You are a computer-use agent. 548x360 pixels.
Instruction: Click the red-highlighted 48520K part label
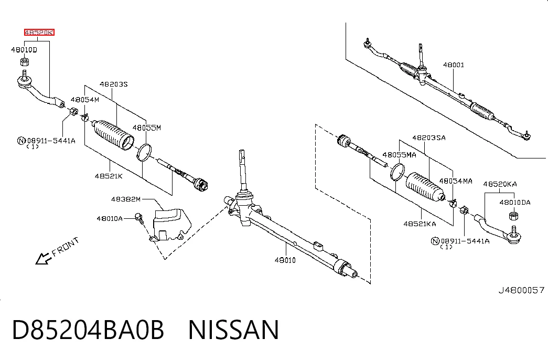[x=39, y=33]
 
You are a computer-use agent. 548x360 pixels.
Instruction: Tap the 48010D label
[x=24, y=50]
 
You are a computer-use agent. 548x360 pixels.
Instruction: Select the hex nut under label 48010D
[x=24, y=62]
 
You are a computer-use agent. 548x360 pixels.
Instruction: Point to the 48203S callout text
[x=114, y=84]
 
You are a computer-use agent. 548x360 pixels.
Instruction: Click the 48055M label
[x=146, y=128]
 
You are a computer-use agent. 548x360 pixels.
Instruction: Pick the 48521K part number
[x=109, y=176]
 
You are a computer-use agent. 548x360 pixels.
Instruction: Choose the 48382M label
[x=125, y=199]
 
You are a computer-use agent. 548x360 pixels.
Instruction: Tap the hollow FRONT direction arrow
[x=43, y=259]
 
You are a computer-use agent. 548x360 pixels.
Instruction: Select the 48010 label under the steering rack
[x=285, y=260]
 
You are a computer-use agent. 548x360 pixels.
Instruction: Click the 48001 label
[x=453, y=65]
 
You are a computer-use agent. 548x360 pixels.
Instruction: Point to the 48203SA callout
[x=429, y=138]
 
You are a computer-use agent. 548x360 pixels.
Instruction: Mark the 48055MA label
[x=399, y=155]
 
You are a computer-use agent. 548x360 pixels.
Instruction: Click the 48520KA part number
[x=500, y=184]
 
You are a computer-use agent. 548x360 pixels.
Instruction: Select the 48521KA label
[x=420, y=224]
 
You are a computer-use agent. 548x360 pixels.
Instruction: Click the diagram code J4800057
[x=521, y=290]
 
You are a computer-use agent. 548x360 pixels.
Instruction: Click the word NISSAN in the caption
[x=233, y=330]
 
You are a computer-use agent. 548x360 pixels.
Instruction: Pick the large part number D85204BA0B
[x=88, y=330]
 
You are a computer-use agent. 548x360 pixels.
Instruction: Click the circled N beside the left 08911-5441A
[x=22, y=141]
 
